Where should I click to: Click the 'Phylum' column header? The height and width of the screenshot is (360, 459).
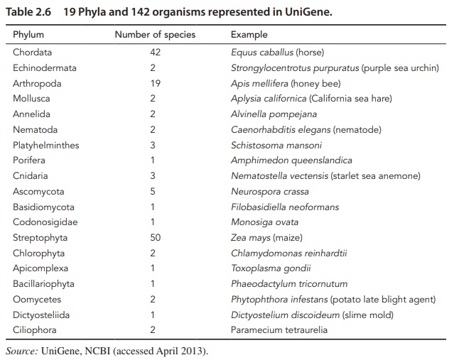(28, 35)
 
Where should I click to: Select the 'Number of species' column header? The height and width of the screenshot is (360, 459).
(155, 35)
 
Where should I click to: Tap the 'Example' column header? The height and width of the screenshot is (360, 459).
(249, 35)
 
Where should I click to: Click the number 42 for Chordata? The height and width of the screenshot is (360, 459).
(156, 53)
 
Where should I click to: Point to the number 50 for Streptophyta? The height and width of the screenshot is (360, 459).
(156, 238)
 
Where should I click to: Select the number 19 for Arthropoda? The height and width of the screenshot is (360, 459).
(156, 83)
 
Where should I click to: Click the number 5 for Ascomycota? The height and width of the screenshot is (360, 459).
(153, 192)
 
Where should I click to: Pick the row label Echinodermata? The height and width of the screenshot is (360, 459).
(45, 68)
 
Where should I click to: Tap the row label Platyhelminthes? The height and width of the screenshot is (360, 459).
(46, 145)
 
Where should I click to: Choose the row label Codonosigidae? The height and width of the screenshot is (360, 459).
(45, 222)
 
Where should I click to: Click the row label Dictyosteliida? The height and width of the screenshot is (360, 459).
(42, 315)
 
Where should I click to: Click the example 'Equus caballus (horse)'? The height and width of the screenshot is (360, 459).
(278, 53)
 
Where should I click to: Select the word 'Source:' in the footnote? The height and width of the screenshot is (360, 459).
(21, 351)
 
